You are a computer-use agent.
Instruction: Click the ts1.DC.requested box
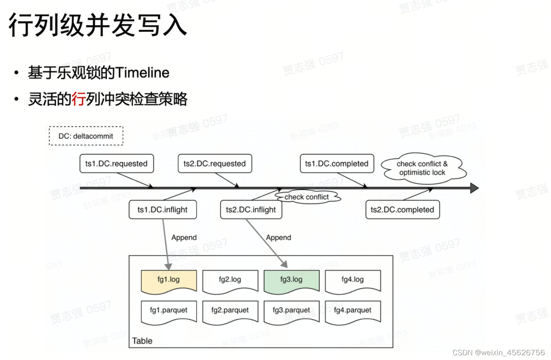(x=116, y=164)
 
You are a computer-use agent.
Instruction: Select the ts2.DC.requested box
(x=215, y=164)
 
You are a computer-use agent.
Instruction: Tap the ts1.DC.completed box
(x=337, y=164)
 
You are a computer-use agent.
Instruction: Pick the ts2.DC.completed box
(x=402, y=210)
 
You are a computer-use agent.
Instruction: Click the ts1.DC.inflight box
(x=162, y=210)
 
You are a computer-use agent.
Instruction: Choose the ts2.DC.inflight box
(x=251, y=210)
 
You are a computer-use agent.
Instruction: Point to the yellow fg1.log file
(x=169, y=280)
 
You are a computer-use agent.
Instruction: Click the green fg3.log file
(x=291, y=280)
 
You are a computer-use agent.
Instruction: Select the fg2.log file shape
(x=230, y=280)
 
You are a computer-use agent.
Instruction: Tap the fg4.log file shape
(x=353, y=280)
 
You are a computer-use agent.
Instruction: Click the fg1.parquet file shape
(x=169, y=311)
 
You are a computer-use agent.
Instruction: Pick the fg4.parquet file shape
(x=353, y=311)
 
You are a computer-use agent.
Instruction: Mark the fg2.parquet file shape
(x=230, y=311)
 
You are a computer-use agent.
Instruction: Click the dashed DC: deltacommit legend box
(x=86, y=136)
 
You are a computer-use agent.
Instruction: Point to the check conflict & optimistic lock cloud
(x=423, y=168)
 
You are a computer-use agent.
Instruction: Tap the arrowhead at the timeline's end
(x=474, y=188)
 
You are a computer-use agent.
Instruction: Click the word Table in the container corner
(x=142, y=341)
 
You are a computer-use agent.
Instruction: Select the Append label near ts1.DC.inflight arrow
(x=184, y=238)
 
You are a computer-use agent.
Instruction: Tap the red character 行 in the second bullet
(x=79, y=99)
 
